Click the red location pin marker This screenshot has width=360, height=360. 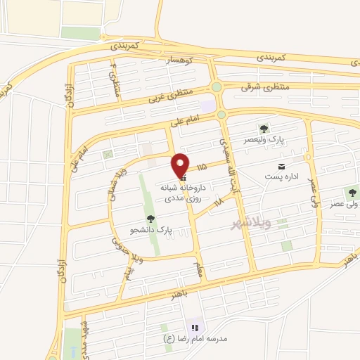click(181, 165)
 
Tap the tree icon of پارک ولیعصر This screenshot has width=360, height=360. click(263, 129)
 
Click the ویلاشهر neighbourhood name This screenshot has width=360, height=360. click(250, 224)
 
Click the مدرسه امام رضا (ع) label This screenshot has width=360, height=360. click(195, 338)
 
